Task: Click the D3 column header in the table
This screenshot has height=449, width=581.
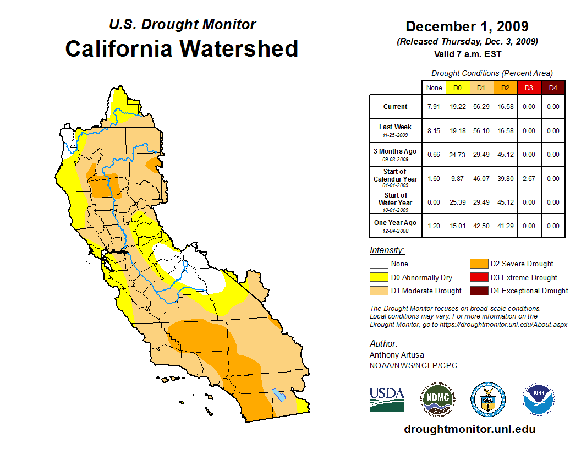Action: [x=529, y=87]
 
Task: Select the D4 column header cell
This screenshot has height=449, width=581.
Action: [x=553, y=87]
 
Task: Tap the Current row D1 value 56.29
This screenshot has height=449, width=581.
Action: [x=481, y=107]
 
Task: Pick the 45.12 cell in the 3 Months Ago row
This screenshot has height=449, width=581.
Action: [x=505, y=155]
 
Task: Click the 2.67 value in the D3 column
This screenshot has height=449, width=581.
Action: [x=529, y=179]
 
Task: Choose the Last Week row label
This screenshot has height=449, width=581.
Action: [x=396, y=130]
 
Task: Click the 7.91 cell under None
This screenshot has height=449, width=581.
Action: [x=434, y=107]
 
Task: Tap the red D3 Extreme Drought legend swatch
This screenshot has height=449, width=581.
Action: [x=478, y=277]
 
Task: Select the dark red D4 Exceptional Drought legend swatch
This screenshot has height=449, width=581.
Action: [x=478, y=291]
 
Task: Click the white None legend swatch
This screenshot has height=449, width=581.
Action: [x=379, y=264]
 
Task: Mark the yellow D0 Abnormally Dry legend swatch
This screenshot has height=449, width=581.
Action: [x=379, y=277]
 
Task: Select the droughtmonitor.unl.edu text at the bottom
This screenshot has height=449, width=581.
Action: [x=469, y=429]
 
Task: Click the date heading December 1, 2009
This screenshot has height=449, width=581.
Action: [x=467, y=26]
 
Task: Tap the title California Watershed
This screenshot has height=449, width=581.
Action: [x=182, y=48]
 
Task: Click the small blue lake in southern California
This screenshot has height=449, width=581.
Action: [x=279, y=395]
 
